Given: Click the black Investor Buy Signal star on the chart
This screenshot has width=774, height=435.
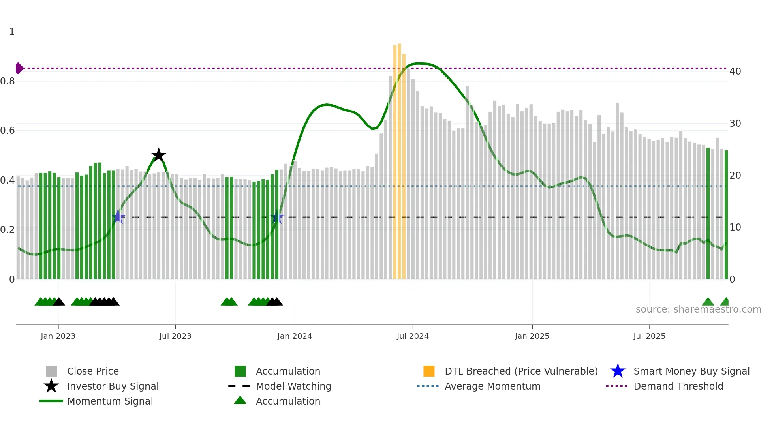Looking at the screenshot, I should (x=158, y=155).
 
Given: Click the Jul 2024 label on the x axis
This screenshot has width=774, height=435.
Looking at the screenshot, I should (x=413, y=336).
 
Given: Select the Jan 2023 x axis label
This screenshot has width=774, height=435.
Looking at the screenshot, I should (x=58, y=336).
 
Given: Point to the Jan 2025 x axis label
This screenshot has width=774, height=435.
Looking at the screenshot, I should (x=532, y=336).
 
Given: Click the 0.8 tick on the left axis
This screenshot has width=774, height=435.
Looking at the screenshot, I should (x=8, y=81).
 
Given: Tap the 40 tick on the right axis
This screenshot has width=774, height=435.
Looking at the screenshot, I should (x=735, y=71).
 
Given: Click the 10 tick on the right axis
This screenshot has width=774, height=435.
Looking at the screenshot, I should (x=735, y=227).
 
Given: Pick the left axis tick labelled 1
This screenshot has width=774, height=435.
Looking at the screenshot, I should (x=12, y=32).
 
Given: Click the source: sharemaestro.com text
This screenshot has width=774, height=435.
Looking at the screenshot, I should (x=698, y=309).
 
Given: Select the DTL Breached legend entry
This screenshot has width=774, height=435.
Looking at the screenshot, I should (x=521, y=371).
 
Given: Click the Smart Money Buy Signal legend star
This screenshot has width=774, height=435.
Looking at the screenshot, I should (x=618, y=371).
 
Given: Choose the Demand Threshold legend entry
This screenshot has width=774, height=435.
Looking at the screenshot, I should (x=678, y=386).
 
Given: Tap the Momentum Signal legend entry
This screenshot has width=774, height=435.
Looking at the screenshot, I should (x=110, y=401).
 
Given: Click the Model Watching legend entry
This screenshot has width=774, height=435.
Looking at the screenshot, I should (x=293, y=386).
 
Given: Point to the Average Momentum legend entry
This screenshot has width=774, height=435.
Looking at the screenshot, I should (x=492, y=386).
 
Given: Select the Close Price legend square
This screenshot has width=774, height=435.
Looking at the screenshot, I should (x=51, y=371).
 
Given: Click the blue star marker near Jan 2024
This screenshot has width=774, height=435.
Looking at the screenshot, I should (x=277, y=217).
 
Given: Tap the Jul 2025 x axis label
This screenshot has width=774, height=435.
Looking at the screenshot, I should (x=649, y=336).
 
